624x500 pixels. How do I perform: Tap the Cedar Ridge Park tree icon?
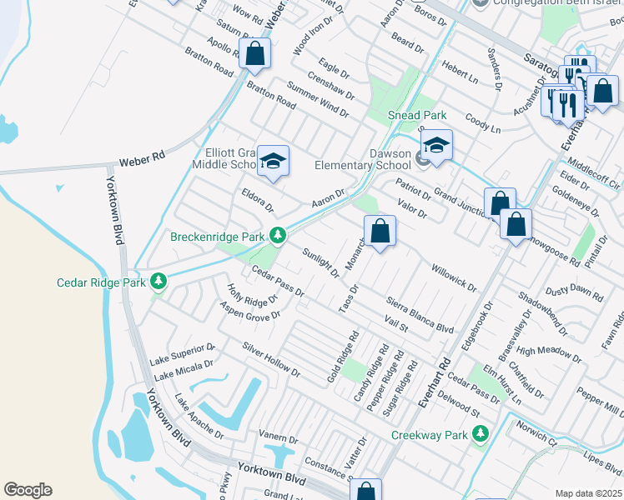coord(159,283)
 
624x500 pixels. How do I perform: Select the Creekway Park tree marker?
coord(480,434)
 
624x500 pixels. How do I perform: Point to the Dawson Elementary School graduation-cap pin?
coord(435,145)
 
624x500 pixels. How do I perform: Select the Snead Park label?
coord(417,115)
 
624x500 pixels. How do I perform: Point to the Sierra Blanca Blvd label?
coord(420,313)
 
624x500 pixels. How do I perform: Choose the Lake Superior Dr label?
coord(183,354)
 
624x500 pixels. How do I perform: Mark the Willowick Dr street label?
coord(453,278)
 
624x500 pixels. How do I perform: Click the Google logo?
coord(28,490)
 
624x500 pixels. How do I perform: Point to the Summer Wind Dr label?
coord(317,98)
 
